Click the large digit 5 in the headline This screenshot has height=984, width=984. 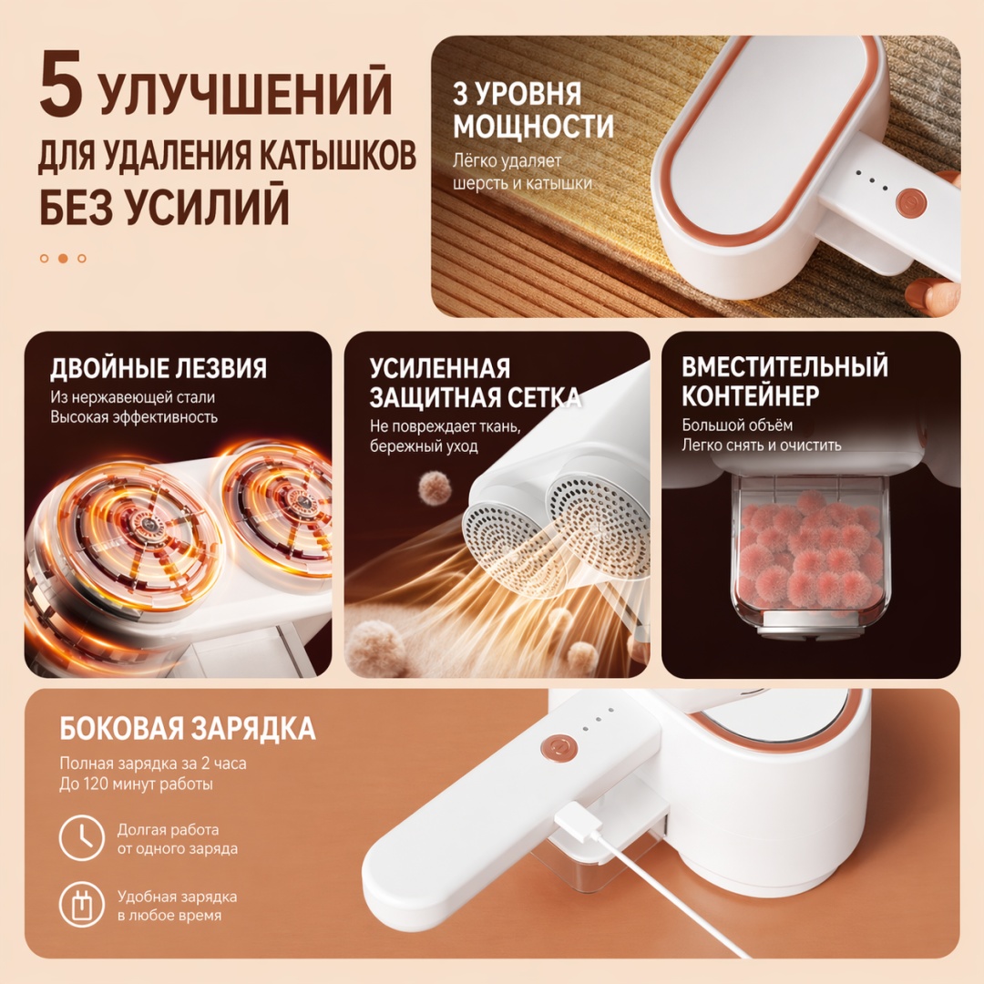[61, 84]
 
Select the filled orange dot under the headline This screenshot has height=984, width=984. [63, 258]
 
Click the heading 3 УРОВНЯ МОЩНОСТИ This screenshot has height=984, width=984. [533, 110]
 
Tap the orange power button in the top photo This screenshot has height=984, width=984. [911, 202]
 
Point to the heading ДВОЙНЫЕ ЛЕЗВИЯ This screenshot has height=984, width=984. [159, 368]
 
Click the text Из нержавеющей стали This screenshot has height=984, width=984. [132, 397]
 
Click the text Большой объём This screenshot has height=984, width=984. [737, 425]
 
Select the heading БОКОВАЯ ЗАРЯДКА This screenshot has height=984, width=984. [188, 728]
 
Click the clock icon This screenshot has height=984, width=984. [82, 838]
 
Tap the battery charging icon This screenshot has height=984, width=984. [82, 905]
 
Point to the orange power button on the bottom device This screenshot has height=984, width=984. [558, 749]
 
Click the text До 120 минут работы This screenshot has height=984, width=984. [136, 784]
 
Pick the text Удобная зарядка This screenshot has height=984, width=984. [177, 897]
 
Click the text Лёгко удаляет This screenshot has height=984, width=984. [507, 161]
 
